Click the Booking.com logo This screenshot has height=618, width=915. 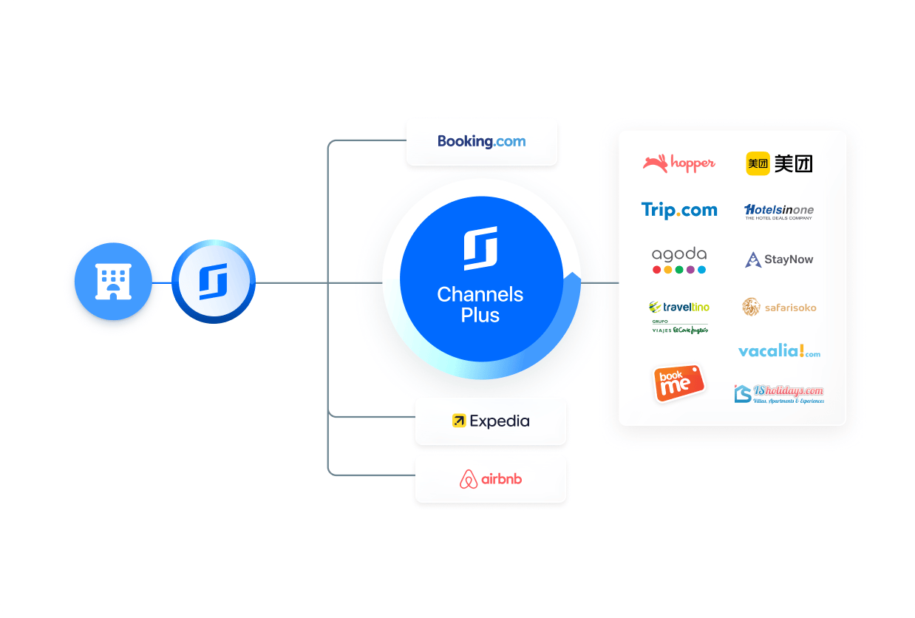[481, 141]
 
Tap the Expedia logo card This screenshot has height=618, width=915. [491, 421]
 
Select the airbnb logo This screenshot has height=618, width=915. [491, 479]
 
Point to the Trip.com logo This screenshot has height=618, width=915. [679, 211]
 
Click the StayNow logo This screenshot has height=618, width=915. [779, 259]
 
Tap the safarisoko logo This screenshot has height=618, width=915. [779, 307]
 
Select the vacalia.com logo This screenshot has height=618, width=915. [779, 351]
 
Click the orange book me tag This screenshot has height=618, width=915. [678, 383]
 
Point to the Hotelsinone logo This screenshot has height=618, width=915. [779, 211]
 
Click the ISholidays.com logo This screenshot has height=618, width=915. [779, 393]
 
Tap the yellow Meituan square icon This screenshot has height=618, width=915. [758, 163]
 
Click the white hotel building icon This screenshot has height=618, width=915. [113, 282]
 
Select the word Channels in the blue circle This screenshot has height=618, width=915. [480, 294]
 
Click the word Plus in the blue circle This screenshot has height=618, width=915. [480, 316]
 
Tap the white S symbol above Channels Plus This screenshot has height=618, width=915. [480, 248]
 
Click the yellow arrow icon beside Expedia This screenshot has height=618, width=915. [459, 421]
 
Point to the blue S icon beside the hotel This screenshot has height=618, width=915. [213, 282]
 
